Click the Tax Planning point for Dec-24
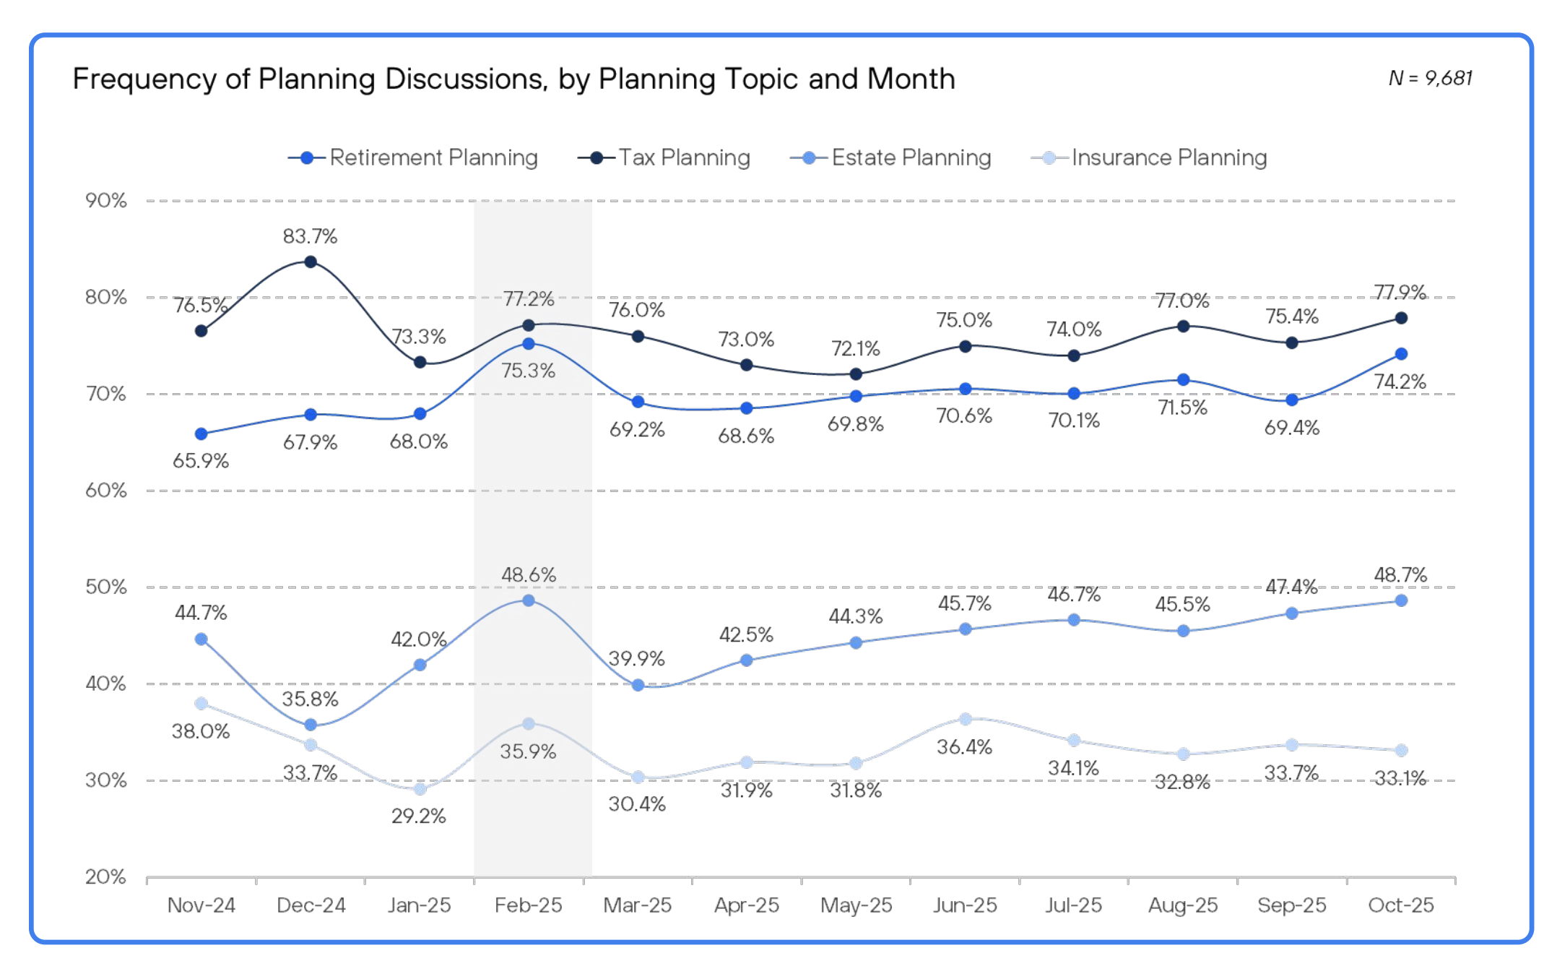tap(311, 262)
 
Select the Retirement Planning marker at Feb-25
tap(529, 344)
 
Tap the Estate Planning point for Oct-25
tap(1401, 600)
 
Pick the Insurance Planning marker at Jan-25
tap(420, 789)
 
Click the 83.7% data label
tap(310, 236)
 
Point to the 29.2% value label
tap(419, 816)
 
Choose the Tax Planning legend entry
tap(664, 158)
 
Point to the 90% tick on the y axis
tap(106, 200)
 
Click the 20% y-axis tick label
tap(106, 876)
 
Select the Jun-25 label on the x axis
tap(965, 905)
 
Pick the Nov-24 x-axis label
tap(201, 905)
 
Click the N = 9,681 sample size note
tap(1430, 78)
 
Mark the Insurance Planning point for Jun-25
tap(966, 719)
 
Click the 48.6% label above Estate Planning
tap(529, 575)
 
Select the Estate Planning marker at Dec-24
tap(311, 725)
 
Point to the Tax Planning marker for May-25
tap(856, 374)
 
